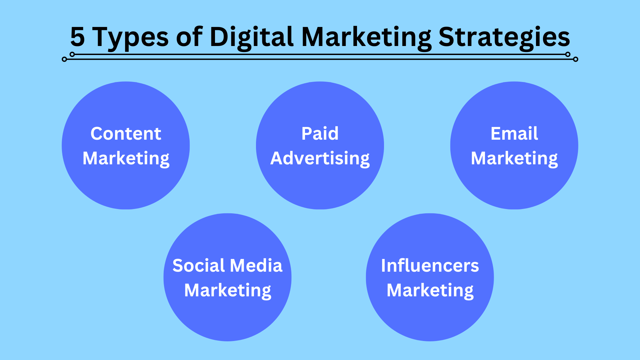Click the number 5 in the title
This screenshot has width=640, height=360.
(x=78, y=37)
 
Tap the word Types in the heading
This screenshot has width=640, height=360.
(x=130, y=38)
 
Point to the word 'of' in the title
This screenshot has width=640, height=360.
(x=189, y=37)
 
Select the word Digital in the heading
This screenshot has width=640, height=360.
(x=251, y=37)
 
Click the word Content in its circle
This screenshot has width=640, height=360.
(x=126, y=134)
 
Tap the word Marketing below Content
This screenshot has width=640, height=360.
(x=126, y=158)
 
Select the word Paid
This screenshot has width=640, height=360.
(x=320, y=134)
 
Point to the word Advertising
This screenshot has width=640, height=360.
(x=320, y=158)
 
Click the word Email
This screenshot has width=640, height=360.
(x=514, y=134)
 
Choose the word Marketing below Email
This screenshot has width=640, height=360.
(x=514, y=158)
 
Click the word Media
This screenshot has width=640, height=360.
(x=256, y=266)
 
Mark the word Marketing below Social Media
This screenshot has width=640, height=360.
(x=227, y=290)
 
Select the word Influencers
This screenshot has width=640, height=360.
(x=430, y=266)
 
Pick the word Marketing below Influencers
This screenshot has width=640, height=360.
(x=430, y=290)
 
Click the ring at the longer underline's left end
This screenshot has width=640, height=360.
(x=64, y=59)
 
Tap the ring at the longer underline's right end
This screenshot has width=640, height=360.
(x=576, y=59)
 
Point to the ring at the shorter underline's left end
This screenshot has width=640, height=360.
(x=72, y=54)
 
